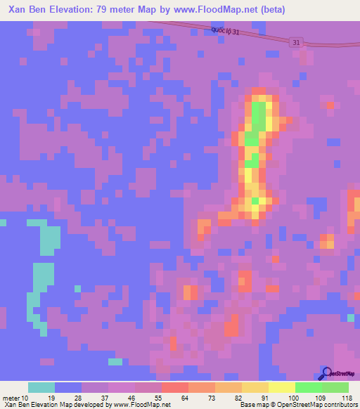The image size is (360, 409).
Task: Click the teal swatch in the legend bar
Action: pyautogui.click(x=41, y=387)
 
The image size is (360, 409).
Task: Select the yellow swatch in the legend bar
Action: pyautogui.click(x=281, y=387)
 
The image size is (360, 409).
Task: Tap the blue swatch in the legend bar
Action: pyautogui.click(x=68, y=387)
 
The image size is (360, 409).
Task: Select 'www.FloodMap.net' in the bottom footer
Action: pyautogui.click(x=141, y=405)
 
